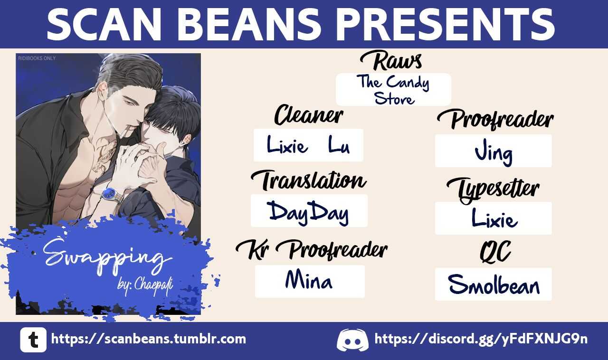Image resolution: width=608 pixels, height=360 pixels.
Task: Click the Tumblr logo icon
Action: tap(33, 340)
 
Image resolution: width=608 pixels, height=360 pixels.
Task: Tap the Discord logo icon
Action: tap(352, 340)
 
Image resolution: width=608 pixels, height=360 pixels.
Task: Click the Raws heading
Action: tap(391, 61)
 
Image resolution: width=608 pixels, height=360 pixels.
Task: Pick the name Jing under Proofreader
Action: tap(494, 152)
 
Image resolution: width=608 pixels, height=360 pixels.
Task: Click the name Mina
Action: tap(309, 280)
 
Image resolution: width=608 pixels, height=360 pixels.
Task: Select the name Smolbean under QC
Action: tap(494, 284)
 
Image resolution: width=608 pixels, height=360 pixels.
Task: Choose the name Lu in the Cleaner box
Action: tap(339, 145)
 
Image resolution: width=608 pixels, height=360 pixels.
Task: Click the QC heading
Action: tap(495, 251)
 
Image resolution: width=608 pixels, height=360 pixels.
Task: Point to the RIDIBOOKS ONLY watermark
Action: tap(37, 58)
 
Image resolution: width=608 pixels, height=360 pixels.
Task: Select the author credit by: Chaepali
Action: tap(145, 285)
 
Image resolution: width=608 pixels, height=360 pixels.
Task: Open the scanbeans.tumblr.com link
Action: tap(149, 339)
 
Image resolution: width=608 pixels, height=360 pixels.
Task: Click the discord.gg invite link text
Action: tap(481, 340)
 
